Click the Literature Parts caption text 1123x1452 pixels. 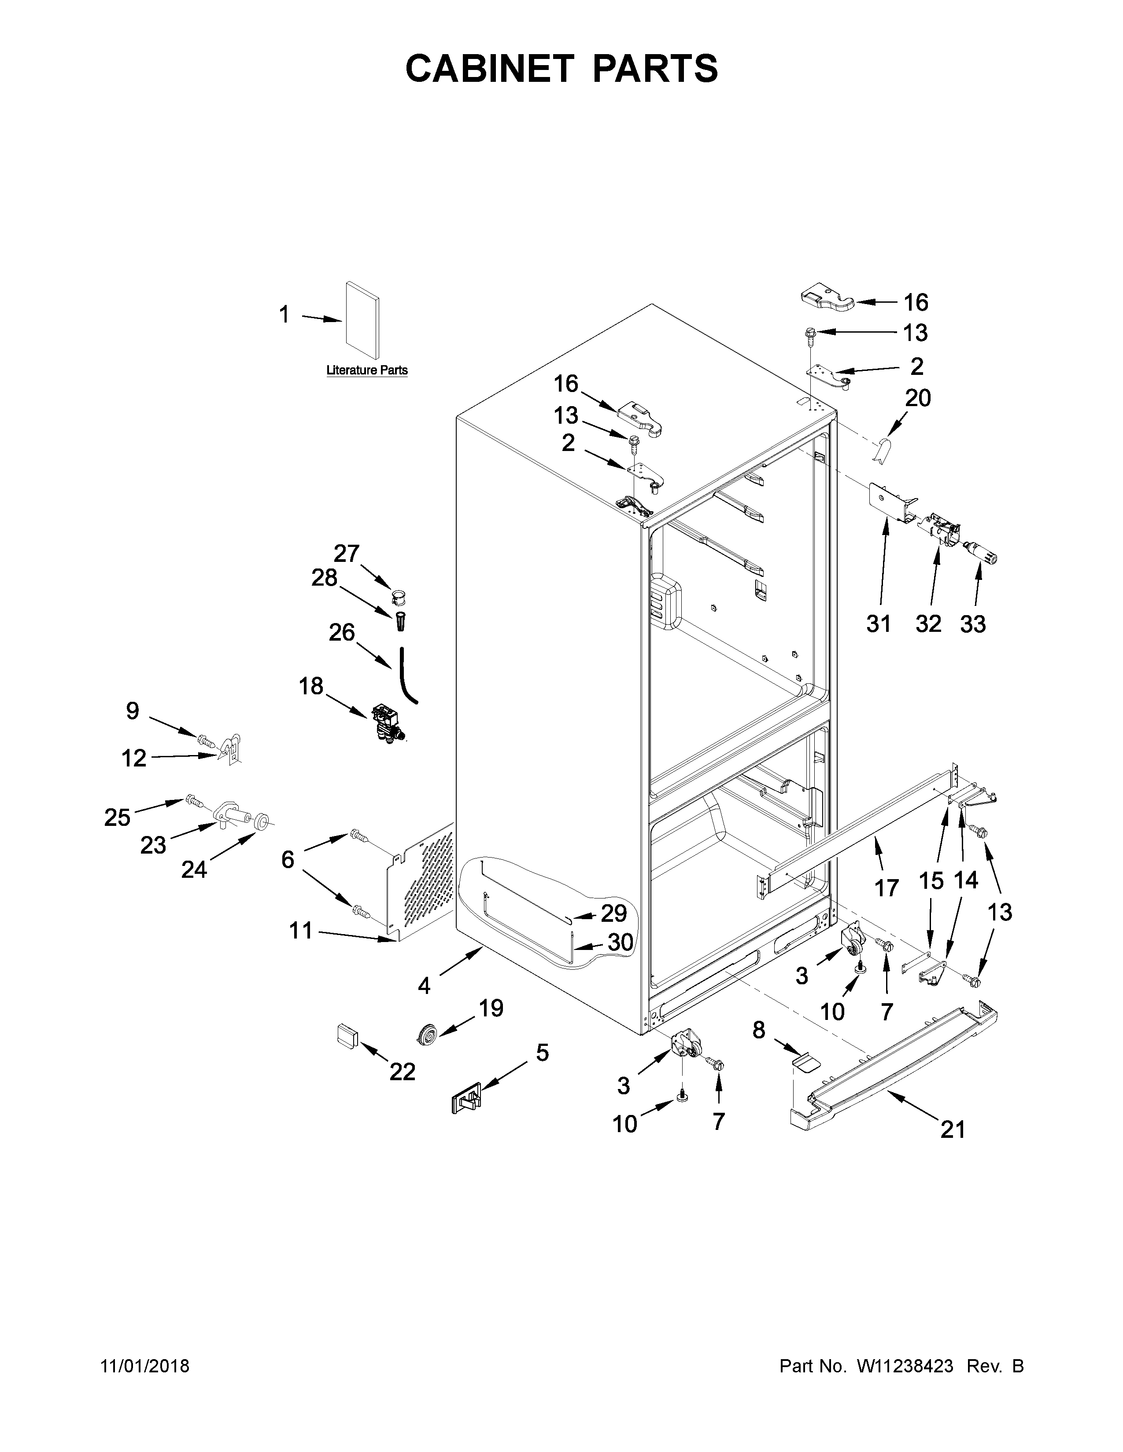[366, 370]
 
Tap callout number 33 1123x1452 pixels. [973, 624]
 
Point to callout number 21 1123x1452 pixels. [952, 1129]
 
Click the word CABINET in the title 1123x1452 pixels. [489, 69]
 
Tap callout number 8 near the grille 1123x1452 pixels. [758, 1030]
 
